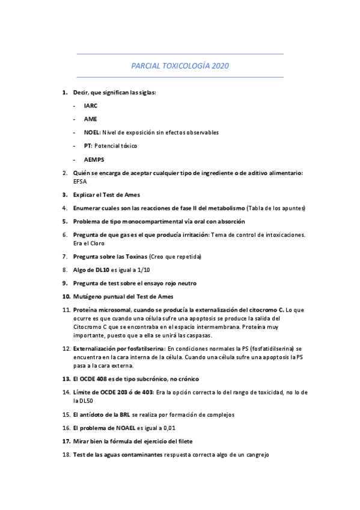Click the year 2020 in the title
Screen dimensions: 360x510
[x=220, y=66]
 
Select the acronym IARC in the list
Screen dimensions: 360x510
[x=91, y=105]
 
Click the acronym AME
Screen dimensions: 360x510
[x=90, y=119]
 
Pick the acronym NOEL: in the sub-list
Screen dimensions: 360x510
[x=93, y=132]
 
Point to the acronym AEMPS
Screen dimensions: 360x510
[x=94, y=159]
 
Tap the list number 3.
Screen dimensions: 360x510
[x=64, y=194]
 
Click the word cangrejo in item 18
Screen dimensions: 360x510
[x=257, y=455]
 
